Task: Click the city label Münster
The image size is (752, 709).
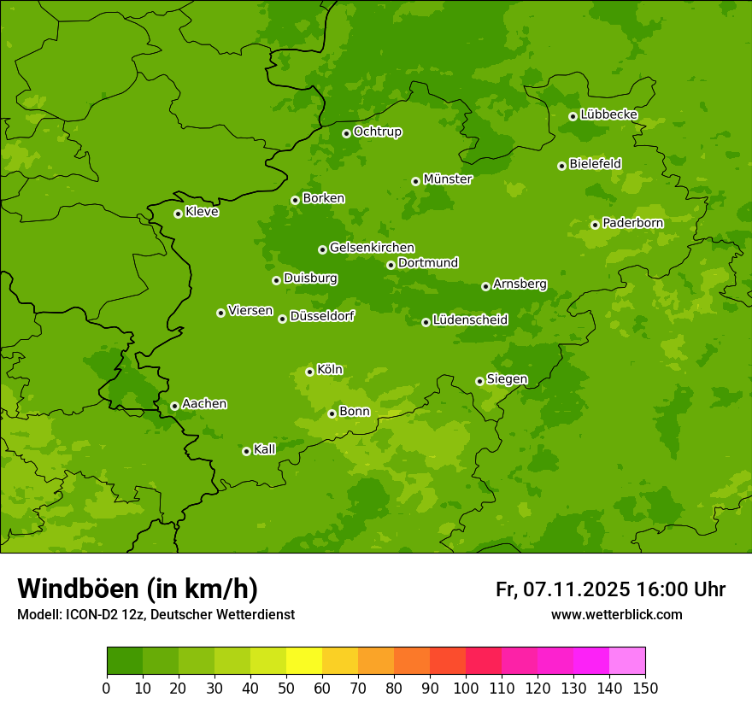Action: pos(448,179)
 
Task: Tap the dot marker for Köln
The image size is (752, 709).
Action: pos(309,372)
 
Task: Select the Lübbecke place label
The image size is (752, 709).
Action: pos(608,114)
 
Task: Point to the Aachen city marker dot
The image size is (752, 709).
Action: pos(174,406)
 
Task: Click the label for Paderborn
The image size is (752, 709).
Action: pos(632,223)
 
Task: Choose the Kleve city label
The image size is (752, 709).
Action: pos(202,212)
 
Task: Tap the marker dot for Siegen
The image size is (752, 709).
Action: pos(479,381)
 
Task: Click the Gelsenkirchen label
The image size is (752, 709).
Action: pos(372,248)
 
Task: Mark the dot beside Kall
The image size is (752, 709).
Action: pos(246,451)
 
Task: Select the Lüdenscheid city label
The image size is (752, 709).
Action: pos(470,320)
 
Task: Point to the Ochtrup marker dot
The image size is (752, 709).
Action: pos(346,133)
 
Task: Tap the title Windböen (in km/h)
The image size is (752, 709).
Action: pos(138,589)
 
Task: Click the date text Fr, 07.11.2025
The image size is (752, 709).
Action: pos(562,589)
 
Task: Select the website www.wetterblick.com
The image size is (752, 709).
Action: pos(616,615)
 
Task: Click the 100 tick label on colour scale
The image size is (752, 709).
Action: pos(466,688)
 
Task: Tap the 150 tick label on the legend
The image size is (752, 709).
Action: pos(645,688)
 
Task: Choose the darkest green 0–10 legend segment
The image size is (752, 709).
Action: pos(125,661)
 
